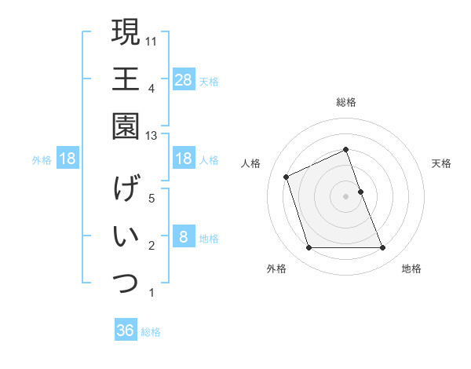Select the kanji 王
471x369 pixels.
click(x=126, y=79)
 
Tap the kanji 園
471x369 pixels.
click(x=126, y=126)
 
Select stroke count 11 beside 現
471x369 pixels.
click(x=152, y=39)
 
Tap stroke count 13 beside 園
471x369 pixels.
click(x=152, y=135)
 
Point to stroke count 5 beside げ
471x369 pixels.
click(x=152, y=199)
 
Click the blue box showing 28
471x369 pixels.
click(x=184, y=79)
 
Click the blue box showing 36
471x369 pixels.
click(x=126, y=331)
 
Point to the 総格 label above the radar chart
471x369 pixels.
click(x=346, y=102)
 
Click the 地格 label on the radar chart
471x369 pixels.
click(x=411, y=269)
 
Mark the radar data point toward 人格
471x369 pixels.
click(x=287, y=177)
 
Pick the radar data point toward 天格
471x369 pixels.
click(x=360, y=192)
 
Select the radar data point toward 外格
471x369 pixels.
click(x=309, y=248)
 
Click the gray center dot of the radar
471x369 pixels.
click(x=346, y=196)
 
